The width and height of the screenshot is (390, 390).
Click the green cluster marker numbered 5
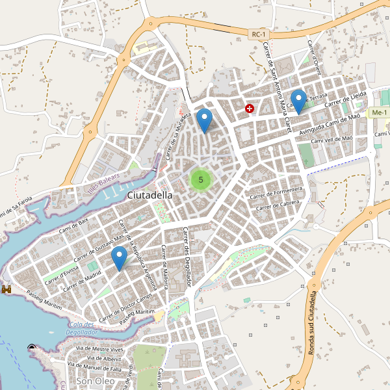coord(201,179)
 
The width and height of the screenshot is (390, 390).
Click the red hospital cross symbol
coord(250,109)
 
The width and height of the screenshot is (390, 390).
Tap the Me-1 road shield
coord(378,113)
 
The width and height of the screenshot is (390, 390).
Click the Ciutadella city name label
coord(150,195)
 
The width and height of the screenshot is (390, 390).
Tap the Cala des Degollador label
coord(81,328)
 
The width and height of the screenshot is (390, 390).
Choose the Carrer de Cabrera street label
coord(281,206)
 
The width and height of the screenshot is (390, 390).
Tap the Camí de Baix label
coord(73,226)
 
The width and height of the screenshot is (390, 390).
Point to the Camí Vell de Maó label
coord(331,140)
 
